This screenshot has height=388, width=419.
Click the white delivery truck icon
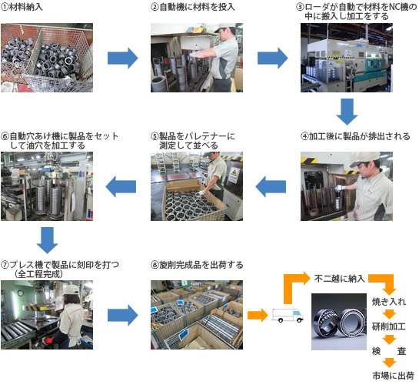pyautogui.click(x=288, y=315)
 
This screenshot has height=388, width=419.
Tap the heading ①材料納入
pyautogui.click(x=22, y=7)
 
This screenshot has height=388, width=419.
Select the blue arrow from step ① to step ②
pyautogui.click(x=123, y=58)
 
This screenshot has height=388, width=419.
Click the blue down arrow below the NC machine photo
pyautogui.click(x=347, y=112)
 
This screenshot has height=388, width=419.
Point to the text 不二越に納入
pyautogui.click(x=340, y=279)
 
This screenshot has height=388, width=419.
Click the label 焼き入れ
pyautogui.click(x=389, y=302)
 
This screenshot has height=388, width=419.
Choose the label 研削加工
pyautogui.click(x=389, y=326)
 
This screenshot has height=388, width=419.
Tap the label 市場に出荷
pyautogui.click(x=393, y=376)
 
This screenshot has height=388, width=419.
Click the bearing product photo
pyautogui.click(x=339, y=322)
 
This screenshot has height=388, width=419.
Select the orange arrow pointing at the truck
pyautogui.click(x=258, y=315)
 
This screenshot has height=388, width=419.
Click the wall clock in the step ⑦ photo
pyautogui.click(x=21, y=293)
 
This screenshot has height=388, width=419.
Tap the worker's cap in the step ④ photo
pyautogui.click(x=364, y=159)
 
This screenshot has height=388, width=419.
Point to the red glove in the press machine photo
pyautogui.click(x=48, y=340)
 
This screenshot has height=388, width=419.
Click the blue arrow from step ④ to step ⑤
pyautogui.click(x=271, y=186)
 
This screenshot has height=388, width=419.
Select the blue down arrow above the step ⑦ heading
pyautogui.click(x=48, y=240)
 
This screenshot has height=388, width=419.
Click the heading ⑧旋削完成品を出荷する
pyautogui.click(x=197, y=265)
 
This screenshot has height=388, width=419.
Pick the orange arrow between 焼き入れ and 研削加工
pyautogui.click(x=389, y=314)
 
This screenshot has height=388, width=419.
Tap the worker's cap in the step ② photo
pyautogui.click(x=224, y=27)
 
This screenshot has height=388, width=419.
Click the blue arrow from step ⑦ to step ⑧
pyautogui.click(x=123, y=315)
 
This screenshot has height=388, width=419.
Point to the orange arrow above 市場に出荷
pyautogui.click(x=389, y=363)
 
